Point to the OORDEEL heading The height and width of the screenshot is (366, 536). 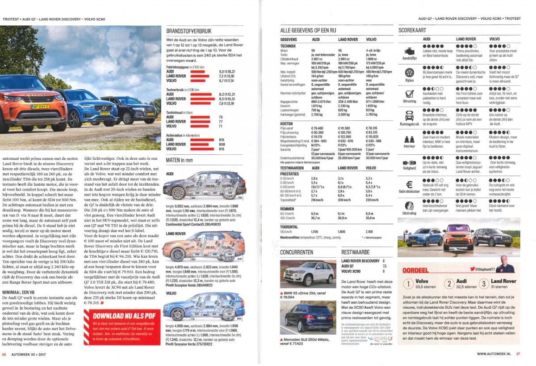pyautogui.click(x=415, y=270)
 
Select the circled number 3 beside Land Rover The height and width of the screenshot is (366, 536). pyautogui.click(x=483, y=284)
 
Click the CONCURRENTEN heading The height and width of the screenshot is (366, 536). pyautogui.click(x=297, y=252)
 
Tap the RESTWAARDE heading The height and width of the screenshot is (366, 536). pyautogui.click(x=356, y=252)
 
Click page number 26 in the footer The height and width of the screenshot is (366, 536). pyautogui.click(x=4, y=355)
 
